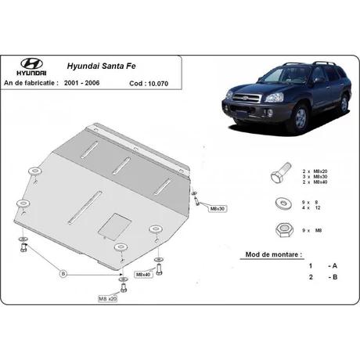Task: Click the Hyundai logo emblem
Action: pos(31,63)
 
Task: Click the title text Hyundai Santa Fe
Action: pos(102,66)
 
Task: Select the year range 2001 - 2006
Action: pos(81,83)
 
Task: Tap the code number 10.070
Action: pos(158,84)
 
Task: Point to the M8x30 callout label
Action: pos(218,209)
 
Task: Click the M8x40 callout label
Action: pos(143,275)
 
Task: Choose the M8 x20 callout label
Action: pos(107,299)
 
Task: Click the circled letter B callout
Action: pos(63,274)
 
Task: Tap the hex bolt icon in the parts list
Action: pos(281,173)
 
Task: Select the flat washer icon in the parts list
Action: pos(283,203)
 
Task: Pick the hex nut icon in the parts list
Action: pos(284,230)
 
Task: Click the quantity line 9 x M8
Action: pos(311,231)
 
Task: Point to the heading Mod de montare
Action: pos(273,254)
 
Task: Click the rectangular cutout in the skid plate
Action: pos(114,227)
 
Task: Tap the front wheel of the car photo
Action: pos(300,119)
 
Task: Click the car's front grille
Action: pos(247,99)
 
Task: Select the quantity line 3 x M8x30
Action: pos(315,177)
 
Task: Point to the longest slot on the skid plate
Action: pos(85,207)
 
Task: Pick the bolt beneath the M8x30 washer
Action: pos(196,201)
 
